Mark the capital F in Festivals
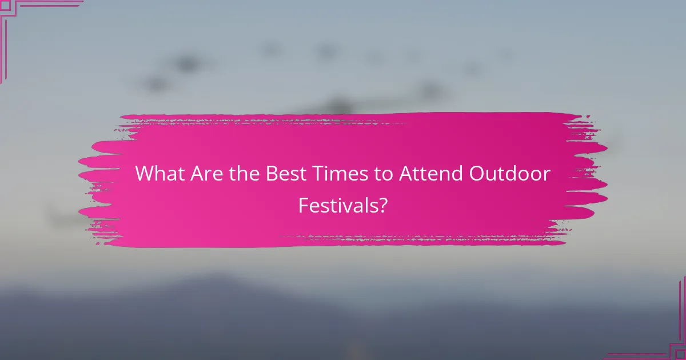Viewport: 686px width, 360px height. tap(304, 205)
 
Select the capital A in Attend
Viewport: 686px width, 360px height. tap(404, 174)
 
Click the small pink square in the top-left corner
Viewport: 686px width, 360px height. tap(4, 4)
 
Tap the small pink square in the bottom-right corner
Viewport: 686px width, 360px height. tap(681, 355)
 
